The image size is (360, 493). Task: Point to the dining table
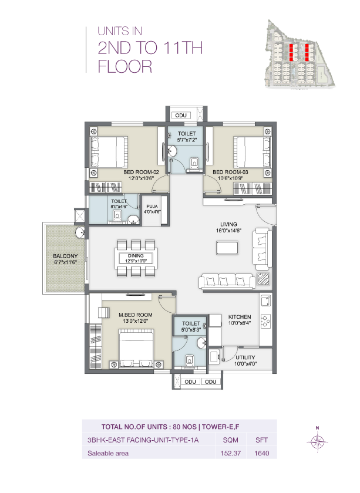click(136, 257)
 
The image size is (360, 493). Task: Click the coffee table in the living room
click(227, 248)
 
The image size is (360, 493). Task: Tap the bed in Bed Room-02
click(109, 152)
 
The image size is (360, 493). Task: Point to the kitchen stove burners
click(265, 322)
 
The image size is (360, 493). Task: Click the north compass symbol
click(317, 441)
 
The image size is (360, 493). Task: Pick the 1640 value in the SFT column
click(261, 453)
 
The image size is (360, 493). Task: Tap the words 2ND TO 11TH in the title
click(150, 48)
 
